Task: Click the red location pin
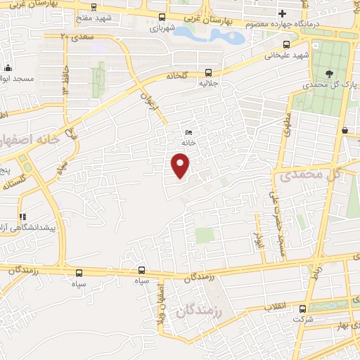[x=181, y=166]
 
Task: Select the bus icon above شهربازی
[x=162, y=17]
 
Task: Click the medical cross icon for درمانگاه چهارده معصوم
[x=282, y=13]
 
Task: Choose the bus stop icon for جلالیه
[x=208, y=72]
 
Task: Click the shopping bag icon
[x=345, y=131]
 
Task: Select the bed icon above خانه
[x=188, y=132]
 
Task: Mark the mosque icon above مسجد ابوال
[x=8, y=68]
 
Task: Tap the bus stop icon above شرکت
[x=303, y=308]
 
